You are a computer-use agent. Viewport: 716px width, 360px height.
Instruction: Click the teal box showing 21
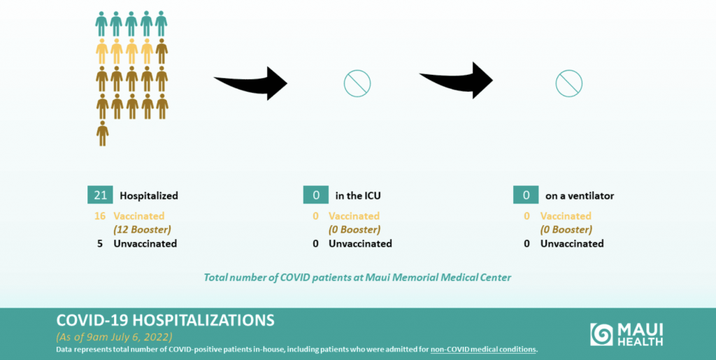(x=100, y=195)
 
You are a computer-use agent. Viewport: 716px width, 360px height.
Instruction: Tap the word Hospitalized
(x=149, y=196)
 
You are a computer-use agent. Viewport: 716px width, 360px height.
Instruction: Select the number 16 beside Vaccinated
(x=100, y=216)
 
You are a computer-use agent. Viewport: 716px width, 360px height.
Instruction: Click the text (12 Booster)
(x=143, y=229)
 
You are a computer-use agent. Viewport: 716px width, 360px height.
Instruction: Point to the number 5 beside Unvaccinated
(x=100, y=243)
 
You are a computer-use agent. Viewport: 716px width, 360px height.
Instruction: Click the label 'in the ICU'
(x=358, y=196)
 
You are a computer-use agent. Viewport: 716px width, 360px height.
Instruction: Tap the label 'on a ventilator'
(x=580, y=196)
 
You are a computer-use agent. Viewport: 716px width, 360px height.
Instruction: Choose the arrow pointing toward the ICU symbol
(x=251, y=82)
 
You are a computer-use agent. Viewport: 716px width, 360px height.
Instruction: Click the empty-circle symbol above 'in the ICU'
(x=357, y=71)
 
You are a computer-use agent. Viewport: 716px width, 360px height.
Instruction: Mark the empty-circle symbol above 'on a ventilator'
(x=569, y=71)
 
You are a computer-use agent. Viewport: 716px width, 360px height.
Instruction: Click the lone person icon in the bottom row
(x=103, y=134)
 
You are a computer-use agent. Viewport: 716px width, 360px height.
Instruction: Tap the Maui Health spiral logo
(x=601, y=334)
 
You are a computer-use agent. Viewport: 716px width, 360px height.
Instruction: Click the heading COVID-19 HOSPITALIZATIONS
(x=165, y=320)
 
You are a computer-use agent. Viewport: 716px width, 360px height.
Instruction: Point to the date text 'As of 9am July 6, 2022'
(x=114, y=338)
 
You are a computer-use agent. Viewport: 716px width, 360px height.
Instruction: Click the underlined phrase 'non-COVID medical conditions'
(x=484, y=350)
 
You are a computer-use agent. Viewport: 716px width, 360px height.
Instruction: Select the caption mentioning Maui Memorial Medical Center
(x=357, y=277)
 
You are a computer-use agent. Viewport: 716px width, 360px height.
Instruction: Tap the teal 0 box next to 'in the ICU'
(x=315, y=195)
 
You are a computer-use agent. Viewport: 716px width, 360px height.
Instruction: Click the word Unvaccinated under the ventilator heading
(x=572, y=243)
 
